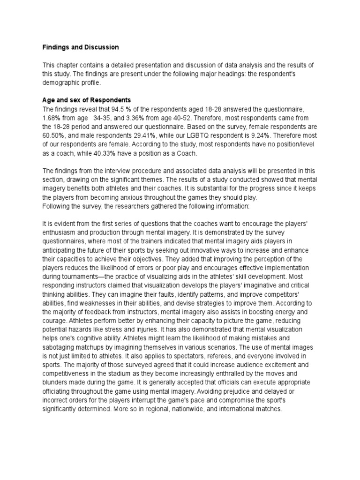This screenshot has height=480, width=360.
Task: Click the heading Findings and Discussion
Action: (81, 47)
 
